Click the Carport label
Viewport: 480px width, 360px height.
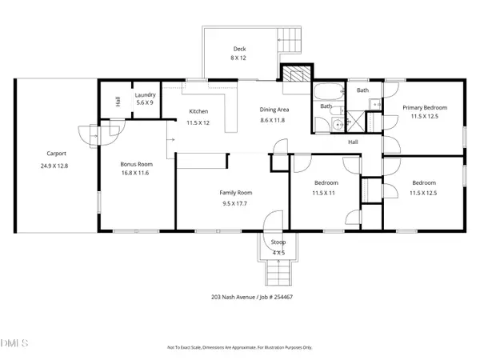56,154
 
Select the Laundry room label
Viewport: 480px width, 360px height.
145,95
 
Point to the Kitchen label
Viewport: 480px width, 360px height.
198,111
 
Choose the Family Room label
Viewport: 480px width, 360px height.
237,193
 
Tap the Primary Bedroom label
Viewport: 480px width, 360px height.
424,108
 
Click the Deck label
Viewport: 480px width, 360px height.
239,49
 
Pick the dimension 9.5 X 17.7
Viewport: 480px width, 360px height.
237,204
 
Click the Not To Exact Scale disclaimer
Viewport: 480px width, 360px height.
239,348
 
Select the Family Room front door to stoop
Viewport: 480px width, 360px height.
274,222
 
